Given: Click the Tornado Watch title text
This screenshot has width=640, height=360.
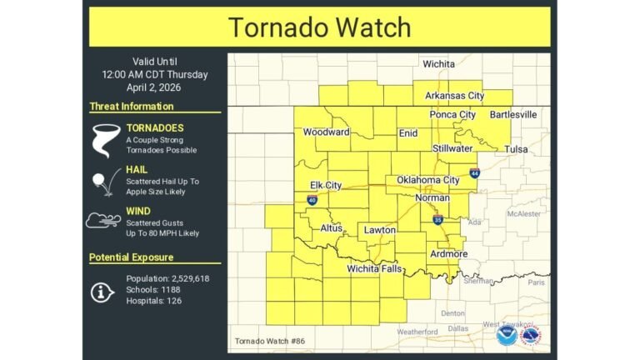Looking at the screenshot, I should pyautogui.click(x=320, y=27).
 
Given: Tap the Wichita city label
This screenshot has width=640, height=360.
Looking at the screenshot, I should pyautogui.click(x=438, y=63).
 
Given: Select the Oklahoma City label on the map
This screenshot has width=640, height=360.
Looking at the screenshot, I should pyautogui.click(x=428, y=180).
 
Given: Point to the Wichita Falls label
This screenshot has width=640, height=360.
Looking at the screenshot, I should pyautogui.click(x=374, y=269).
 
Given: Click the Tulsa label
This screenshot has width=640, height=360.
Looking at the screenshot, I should pyautogui.click(x=517, y=150).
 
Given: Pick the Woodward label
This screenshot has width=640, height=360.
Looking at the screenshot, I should pyautogui.click(x=327, y=132).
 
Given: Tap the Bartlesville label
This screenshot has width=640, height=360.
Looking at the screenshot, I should pyautogui.click(x=513, y=114).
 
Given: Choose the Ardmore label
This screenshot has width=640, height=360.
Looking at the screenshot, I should pyautogui.click(x=448, y=253).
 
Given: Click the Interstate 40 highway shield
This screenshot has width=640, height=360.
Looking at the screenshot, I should pyautogui.click(x=312, y=200).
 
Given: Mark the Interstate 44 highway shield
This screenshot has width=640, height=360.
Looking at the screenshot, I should pyautogui.click(x=474, y=173).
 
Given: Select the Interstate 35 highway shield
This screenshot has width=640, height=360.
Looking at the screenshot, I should pyautogui.click(x=437, y=220).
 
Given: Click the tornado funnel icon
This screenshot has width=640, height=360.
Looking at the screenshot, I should pyautogui.click(x=106, y=139).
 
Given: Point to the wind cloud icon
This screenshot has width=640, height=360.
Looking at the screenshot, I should pyautogui.click(x=104, y=221).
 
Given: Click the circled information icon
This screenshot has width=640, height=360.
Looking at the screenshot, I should pyautogui.click(x=103, y=290).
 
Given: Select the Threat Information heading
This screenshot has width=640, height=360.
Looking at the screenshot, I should pyautogui.click(x=132, y=107).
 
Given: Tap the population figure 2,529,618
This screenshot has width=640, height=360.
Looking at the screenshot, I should pyautogui.click(x=184, y=278).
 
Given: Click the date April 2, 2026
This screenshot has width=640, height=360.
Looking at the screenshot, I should pyautogui.click(x=155, y=87).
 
